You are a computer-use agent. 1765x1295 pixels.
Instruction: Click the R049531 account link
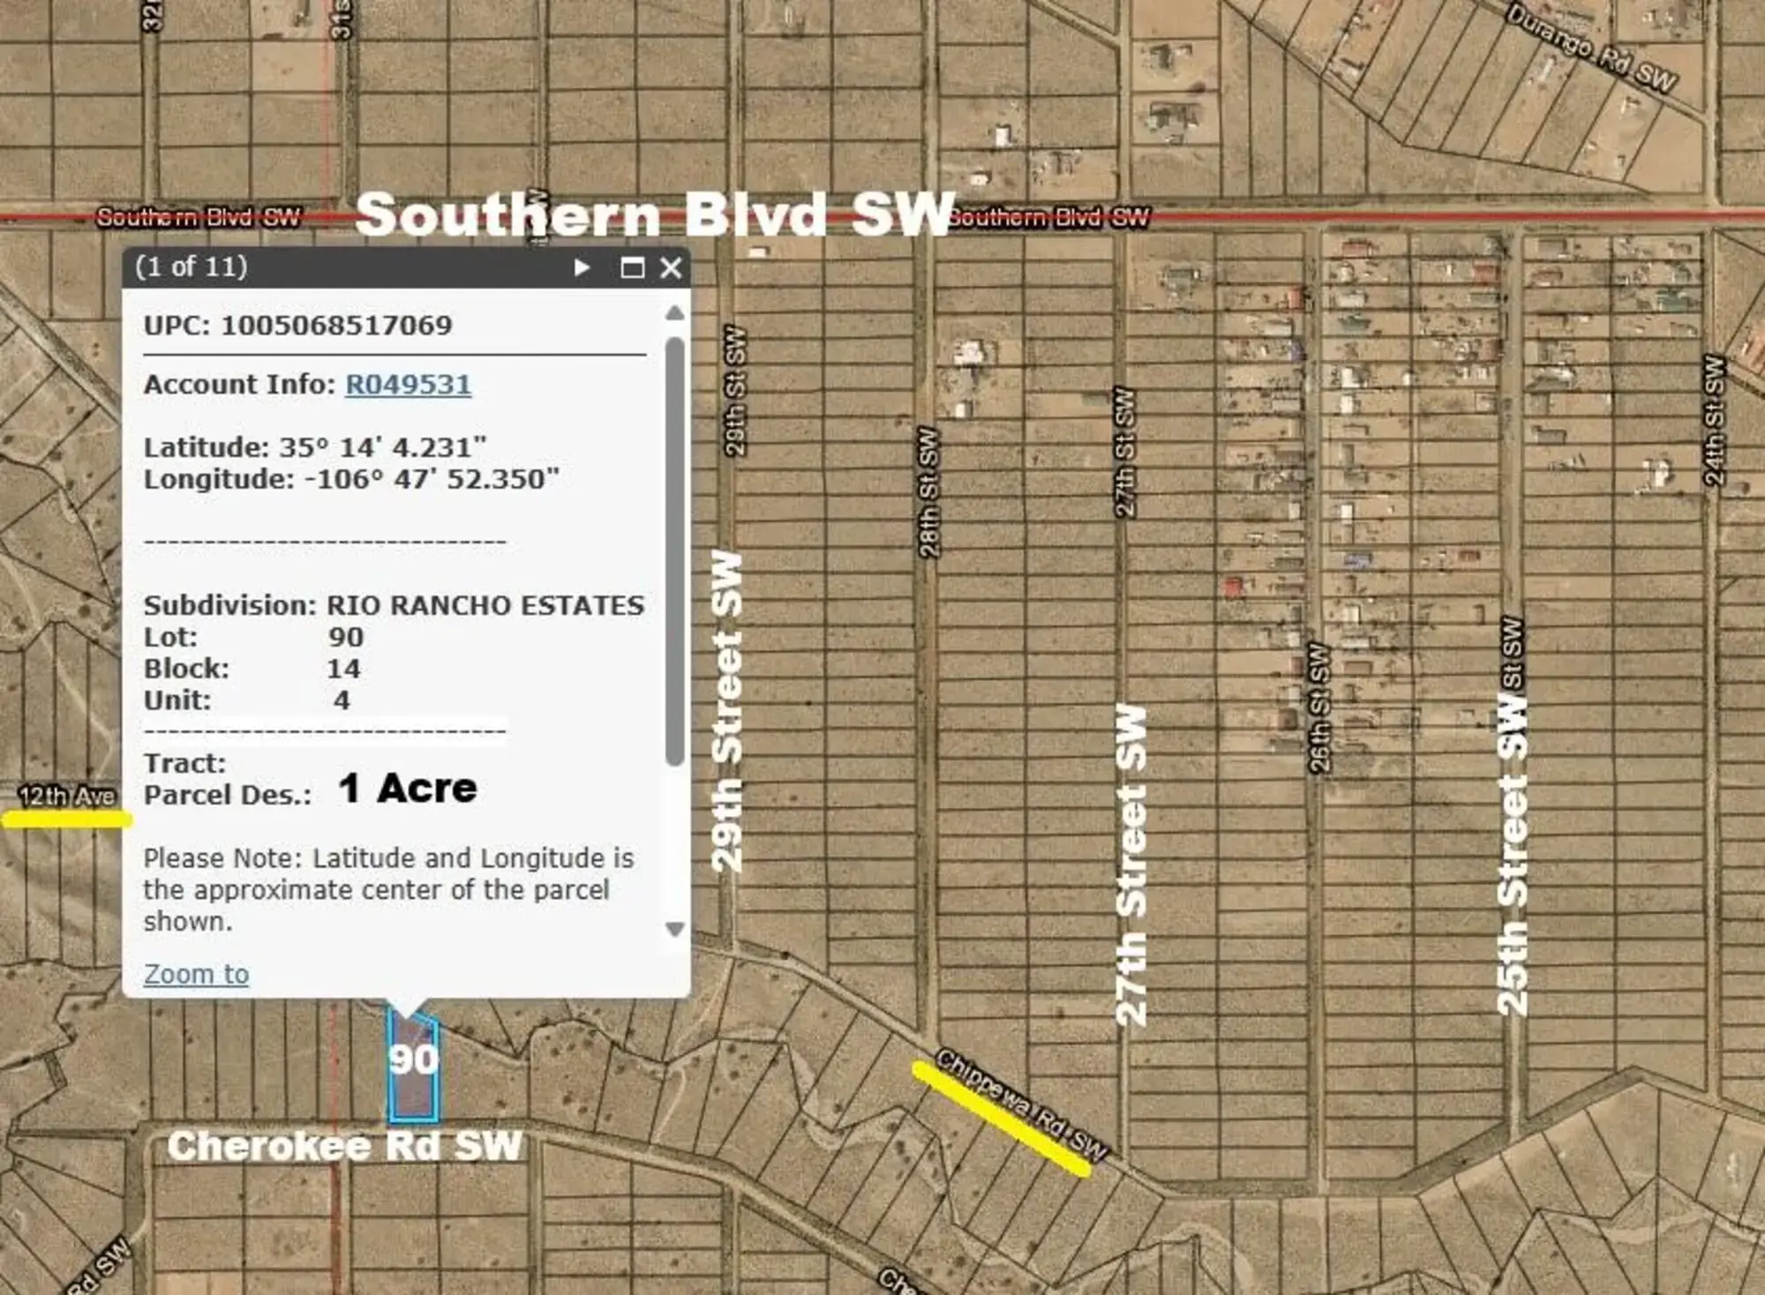(x=408, y=385)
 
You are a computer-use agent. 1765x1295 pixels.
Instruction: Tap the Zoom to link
(x=196, y=974)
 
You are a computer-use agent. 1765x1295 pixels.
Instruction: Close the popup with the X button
(x=671, y=267)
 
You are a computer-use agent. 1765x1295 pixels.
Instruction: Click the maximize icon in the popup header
(x=632, y=267)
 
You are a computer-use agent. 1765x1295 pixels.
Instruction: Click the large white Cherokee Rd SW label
(x=345, y=1146)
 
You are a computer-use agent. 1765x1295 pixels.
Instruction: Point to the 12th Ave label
(x=67, y=797)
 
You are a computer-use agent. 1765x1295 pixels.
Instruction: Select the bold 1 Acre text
(x=408, y=788)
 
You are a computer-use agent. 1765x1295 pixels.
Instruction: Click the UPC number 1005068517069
(x=336, y=325)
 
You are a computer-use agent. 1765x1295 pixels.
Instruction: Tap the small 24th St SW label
(x=1713, y=420)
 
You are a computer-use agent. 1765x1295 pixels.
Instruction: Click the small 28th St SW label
(x=928, y=492)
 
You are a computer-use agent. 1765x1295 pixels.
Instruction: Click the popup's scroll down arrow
(x=675, y=929)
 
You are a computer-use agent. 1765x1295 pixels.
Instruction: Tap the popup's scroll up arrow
(x=675, y=313)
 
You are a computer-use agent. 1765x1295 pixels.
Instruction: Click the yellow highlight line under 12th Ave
(x=67, y=820)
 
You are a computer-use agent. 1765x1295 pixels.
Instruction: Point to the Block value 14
(x=343, y=669)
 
